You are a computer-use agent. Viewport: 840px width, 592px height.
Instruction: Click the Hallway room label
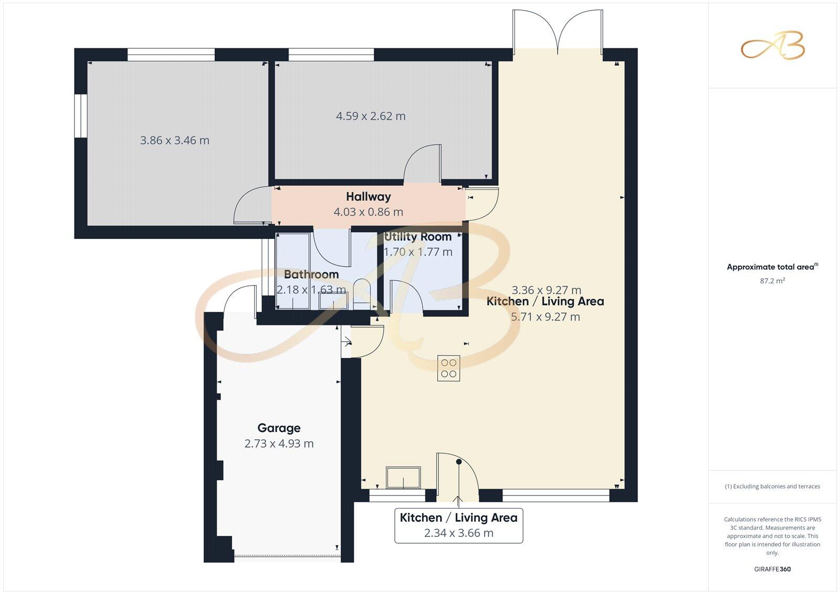pos(368,197)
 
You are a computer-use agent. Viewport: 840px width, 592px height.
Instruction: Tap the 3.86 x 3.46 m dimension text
pos(174,141)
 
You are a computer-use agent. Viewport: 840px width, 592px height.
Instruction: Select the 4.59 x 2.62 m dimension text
pos(371,116)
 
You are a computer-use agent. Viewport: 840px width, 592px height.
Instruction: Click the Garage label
pos(279,428)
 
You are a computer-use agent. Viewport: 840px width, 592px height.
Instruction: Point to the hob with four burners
pos(448,368)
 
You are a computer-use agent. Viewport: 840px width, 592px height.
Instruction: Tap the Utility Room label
pos(417,237)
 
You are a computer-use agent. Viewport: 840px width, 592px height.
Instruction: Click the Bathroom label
pos(311,274)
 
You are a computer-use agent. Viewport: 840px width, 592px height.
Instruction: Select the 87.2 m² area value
pos(772,281)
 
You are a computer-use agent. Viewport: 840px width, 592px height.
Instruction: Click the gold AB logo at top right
pos(772,46)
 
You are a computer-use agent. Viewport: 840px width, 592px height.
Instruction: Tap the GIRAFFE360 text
pos(772,569)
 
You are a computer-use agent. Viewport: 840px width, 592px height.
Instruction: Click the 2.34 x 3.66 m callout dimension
pos(458,533)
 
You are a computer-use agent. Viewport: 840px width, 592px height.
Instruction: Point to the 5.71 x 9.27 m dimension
pos(545,317)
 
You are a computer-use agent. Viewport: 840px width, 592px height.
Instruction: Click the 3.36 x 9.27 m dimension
pos(546,290)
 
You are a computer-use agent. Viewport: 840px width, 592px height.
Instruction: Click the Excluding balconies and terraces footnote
pos(772,487)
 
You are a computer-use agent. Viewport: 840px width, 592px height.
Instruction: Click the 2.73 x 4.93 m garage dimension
pos(279,444)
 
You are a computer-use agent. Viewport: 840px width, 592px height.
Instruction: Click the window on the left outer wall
pos(80,116)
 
